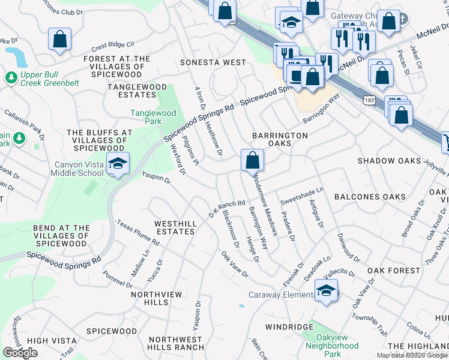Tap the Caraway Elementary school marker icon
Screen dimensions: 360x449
tap(326, 292)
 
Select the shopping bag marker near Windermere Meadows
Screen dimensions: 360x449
tap(253, 160)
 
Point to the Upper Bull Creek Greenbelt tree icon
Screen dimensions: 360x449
tap(11, 77)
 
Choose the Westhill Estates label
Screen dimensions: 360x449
tap(175, 227)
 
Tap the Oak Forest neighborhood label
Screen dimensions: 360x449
tap(394, 271)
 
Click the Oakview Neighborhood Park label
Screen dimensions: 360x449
tap(331, 346)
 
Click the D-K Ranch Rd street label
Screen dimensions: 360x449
tap(228, 209)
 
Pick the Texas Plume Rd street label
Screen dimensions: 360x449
tap(138, 233)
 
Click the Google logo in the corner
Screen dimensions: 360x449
tap(20, 353)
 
